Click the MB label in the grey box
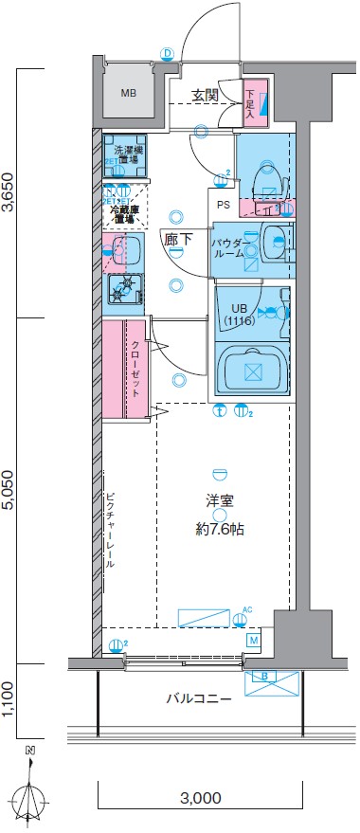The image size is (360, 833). (128, 92)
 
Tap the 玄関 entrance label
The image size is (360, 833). (205, 95)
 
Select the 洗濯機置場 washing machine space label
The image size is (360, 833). (126, 155)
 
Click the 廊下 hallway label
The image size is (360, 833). (174, 241)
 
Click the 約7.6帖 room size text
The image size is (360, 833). (221, 529)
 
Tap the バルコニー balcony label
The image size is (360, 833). (199, 699)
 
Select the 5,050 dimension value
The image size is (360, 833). (9, 491)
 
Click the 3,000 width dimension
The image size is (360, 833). (200, 797)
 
